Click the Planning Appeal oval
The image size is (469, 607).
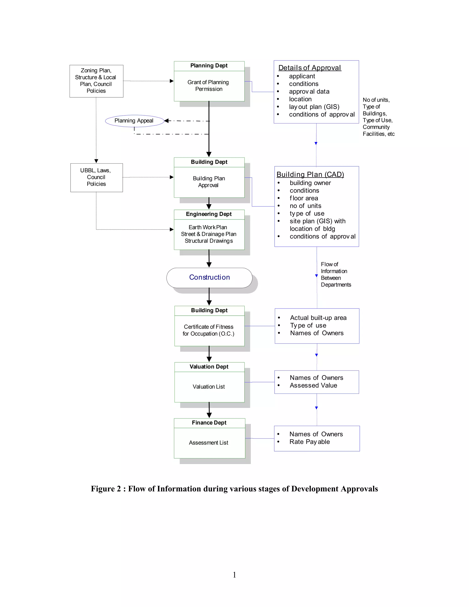[134, 121]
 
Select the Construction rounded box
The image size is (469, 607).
[209, 277]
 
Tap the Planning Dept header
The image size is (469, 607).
[209, 66]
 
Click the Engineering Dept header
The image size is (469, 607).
[209, 214]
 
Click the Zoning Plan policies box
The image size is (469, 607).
[96, 81]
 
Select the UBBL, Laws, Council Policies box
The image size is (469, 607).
[96, 177]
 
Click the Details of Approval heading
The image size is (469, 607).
[310, 68]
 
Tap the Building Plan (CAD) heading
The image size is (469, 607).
[310, 174]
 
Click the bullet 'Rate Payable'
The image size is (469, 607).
[310, 442]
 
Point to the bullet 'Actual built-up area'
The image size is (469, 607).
[318, 318]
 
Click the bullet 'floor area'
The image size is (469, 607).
[304, 198]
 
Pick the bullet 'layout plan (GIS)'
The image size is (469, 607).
[314, 107]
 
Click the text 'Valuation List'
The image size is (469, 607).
[209, 387]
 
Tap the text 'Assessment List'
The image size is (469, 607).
[208, 443]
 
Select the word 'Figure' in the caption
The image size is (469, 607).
[103, 489]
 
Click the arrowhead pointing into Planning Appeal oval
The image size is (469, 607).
[166, 121]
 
